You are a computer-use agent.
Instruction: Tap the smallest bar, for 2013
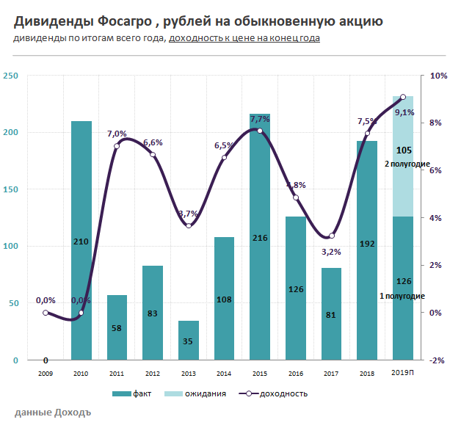click(x=189, y=341)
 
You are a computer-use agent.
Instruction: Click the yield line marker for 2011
click(x=117, y=146)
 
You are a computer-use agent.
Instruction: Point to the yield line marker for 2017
click(x=332, y=236)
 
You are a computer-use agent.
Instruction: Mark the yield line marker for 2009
click(x=46, y=313)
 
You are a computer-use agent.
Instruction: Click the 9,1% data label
click(x=404, y=112)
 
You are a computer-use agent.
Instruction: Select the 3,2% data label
click(x=332, y=252)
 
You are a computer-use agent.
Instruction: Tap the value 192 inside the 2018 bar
click(x=367, y=241)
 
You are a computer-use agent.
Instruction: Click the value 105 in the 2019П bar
click(x=403, y=150)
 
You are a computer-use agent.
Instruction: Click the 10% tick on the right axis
click(x=438, y=76)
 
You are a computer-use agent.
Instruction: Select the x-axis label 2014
click(x=224, y=373)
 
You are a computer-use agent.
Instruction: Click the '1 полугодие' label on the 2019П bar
click(x=402, y=296)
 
